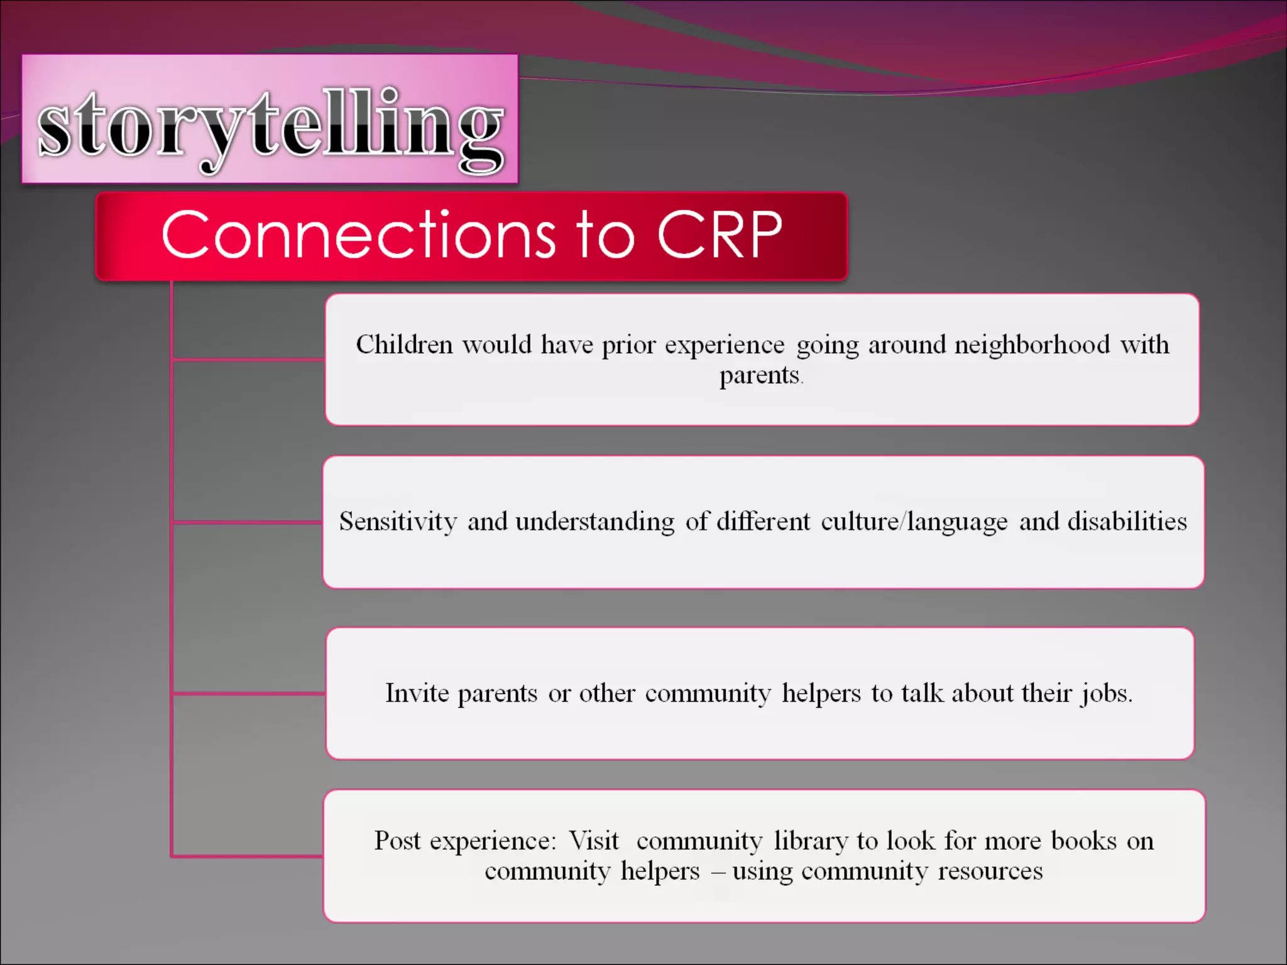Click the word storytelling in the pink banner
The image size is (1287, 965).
tap(270, 126)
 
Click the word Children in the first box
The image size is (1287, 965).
tap(404, 345)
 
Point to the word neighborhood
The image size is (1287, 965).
tap(1032, 345)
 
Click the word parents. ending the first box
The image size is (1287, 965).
tap(760, 376)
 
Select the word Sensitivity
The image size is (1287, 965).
tap(398, 521)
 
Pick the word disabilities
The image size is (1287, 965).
tap(1127, 521)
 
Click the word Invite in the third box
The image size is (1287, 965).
tap(417, 693)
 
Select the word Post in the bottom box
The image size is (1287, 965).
tap(397, 841)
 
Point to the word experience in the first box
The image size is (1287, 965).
tap(725, 345)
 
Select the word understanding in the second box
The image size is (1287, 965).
tap(594, 521)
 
